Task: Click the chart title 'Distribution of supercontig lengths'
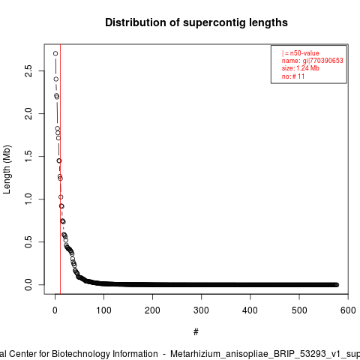[196, 22]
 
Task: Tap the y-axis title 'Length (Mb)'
[7, 169]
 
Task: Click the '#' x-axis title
[196, 332]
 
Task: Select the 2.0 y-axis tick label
[28, 113]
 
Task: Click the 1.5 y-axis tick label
[28, 156]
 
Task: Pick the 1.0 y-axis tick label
[28, 199]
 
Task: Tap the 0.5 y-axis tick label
[28, 241]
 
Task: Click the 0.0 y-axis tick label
[28, 285]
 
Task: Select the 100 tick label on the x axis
[103, 310]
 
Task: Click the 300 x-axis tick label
[201, 310]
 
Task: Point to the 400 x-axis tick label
[250, 310]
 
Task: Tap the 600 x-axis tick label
[348, 310]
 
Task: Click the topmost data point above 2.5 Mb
[55, 53]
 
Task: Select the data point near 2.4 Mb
[56, 79]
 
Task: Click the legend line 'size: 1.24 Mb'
[301, 68]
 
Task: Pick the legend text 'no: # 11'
[293, 76]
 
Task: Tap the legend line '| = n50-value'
[301, 53]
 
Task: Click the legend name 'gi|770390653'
[323, 61]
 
